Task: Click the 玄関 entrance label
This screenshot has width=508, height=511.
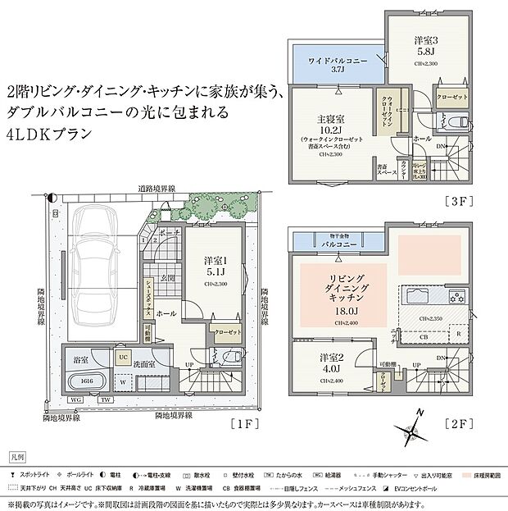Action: (166, 278)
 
